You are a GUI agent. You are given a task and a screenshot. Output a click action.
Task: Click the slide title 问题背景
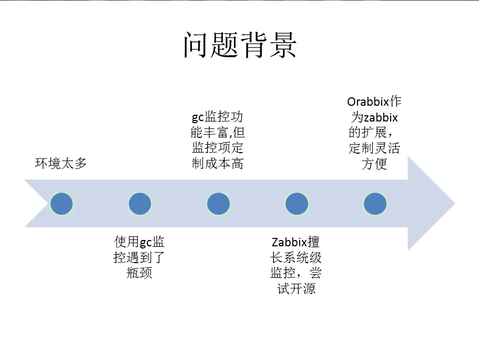[240, 45]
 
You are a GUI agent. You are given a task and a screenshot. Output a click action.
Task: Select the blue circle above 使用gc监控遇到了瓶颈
[139, 204]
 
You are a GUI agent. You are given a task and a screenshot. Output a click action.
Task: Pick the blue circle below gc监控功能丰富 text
[218, 204]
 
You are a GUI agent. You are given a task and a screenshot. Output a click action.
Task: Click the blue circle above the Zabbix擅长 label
[297, 204]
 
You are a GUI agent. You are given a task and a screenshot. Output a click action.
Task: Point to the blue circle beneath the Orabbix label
[375, 204]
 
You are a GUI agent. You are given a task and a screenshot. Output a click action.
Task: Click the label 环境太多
[61, 163]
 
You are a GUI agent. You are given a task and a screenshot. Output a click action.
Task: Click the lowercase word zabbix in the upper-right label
[380, 117]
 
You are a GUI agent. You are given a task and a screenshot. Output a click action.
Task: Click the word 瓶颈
[139, 273]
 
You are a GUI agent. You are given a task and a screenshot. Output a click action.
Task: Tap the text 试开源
[296, 289]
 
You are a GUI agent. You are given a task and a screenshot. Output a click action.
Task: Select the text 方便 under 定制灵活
[374, 164]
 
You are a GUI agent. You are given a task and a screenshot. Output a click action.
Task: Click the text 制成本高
[218, 164]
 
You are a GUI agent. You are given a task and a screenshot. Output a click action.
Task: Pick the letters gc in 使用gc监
[146, 243]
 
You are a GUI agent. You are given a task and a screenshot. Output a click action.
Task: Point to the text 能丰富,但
[218, 132]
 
